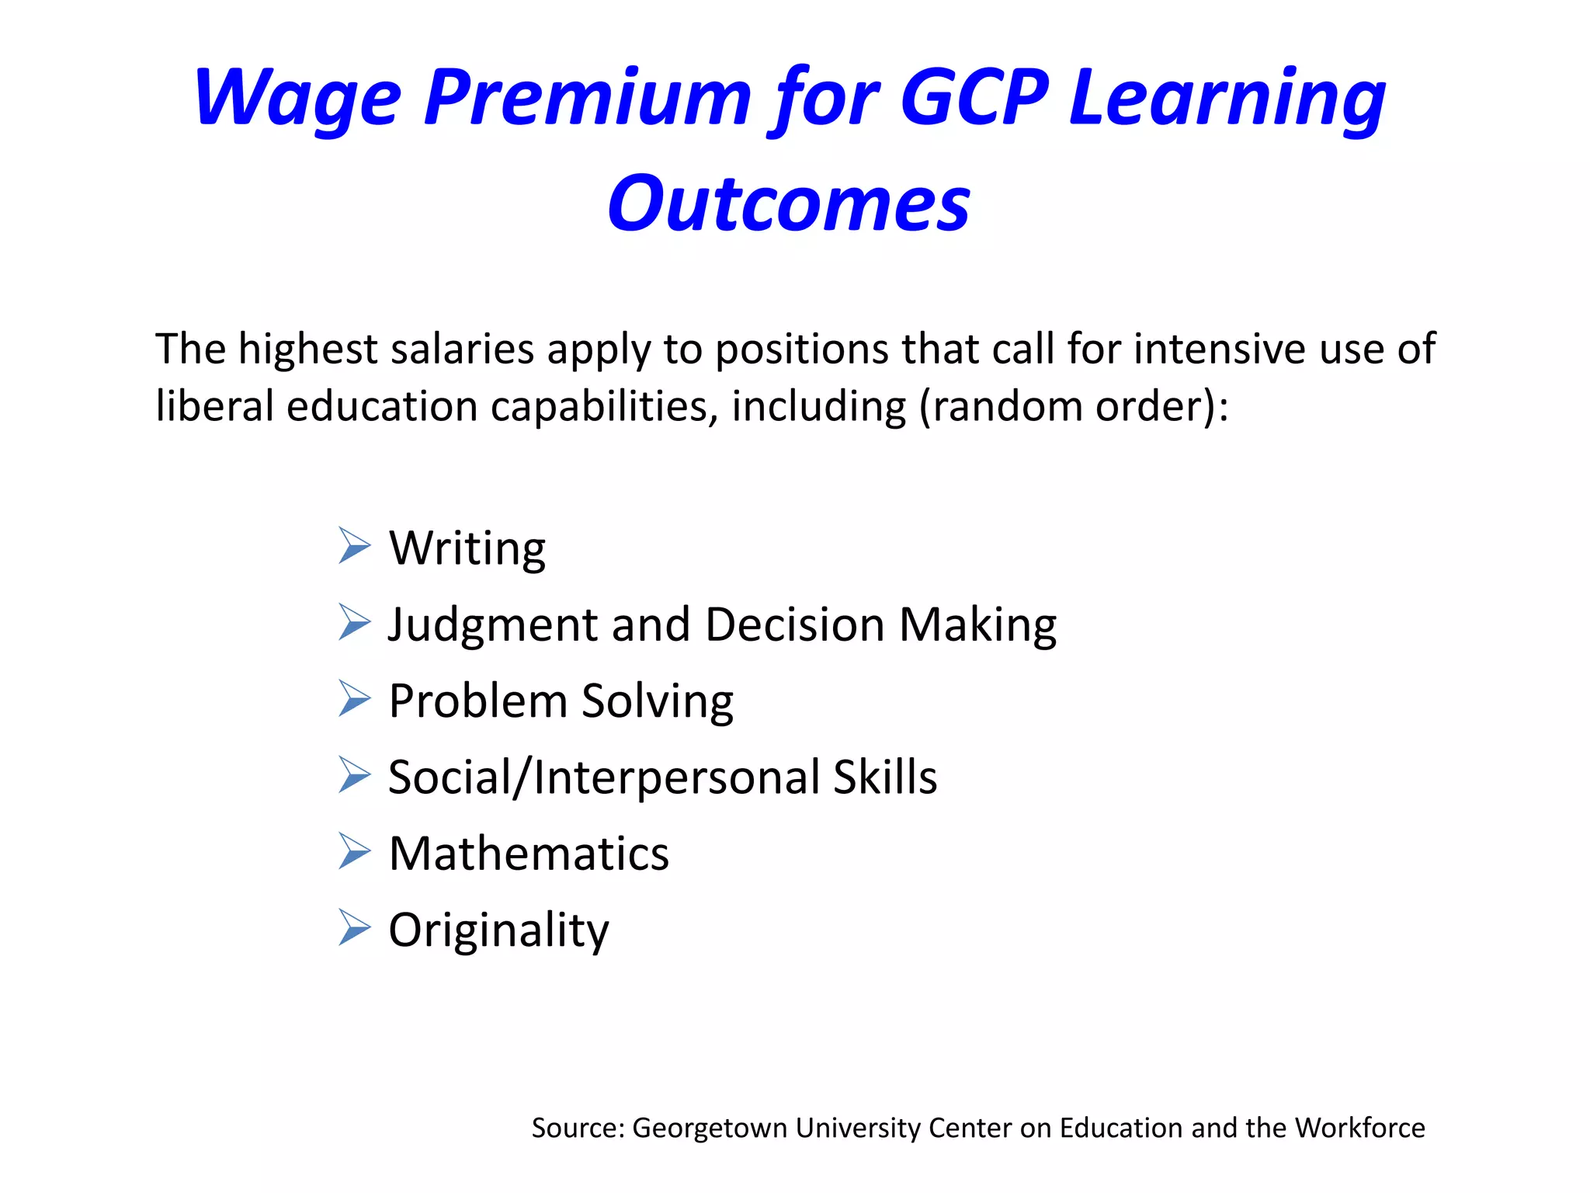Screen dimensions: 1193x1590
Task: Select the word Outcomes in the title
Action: (789, 203)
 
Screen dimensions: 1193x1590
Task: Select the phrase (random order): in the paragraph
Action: (1074, 406)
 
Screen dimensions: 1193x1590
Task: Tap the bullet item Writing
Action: (467, 548)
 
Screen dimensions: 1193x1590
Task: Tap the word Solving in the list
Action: (657, 701)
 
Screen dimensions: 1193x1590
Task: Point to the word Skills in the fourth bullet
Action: (885, 777)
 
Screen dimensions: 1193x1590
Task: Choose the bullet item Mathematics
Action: (529, 854)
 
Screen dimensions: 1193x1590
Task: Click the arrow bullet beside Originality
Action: (355, 927)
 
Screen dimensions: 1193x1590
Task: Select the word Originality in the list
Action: (498, 930)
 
